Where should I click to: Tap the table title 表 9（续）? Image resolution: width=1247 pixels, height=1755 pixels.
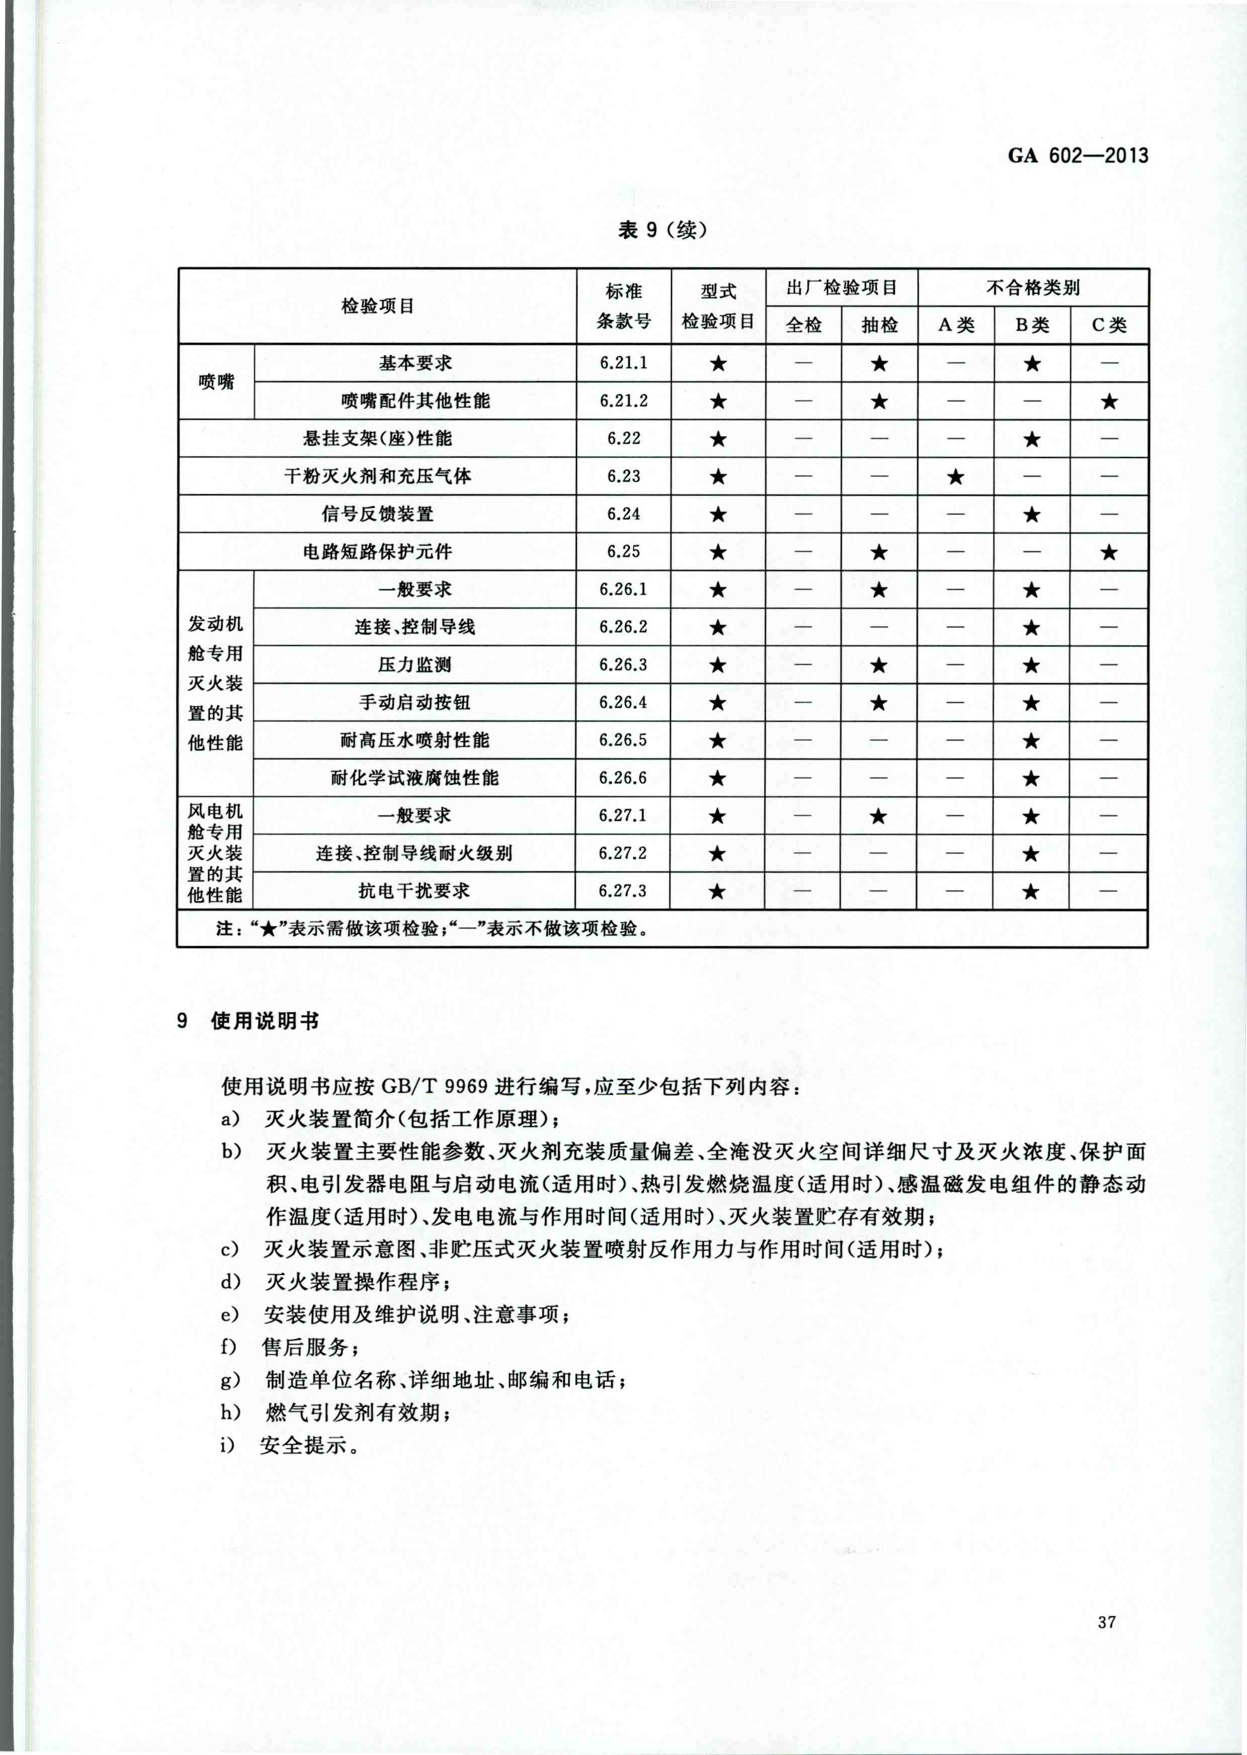coord(662,230)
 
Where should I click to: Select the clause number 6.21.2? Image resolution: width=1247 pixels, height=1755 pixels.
coord(623,401)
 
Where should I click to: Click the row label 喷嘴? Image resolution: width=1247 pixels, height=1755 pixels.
coord(217,382)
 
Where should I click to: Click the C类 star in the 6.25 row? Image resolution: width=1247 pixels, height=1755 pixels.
coord(1109,552)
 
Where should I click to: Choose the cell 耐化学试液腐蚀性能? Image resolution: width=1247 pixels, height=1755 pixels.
coord(415,778)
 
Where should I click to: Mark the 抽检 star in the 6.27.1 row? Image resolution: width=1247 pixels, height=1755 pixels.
coord(879,816)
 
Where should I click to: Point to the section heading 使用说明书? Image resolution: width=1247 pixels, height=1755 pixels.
coord(265,1021)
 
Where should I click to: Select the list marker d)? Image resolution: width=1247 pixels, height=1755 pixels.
coord(230,1282)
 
